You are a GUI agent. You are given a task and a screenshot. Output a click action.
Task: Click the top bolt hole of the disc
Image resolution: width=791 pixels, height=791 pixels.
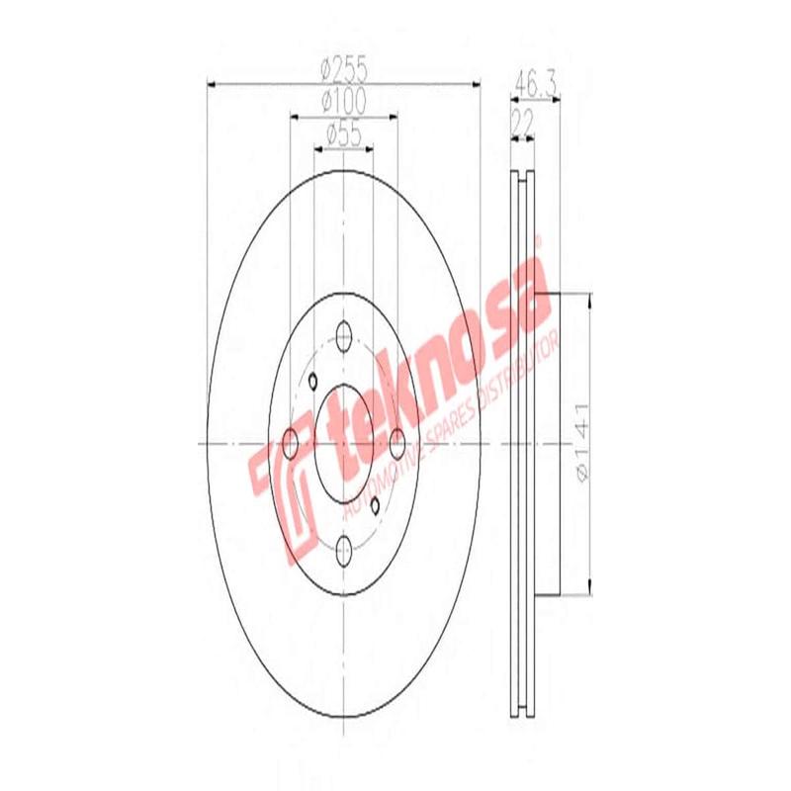tap(344, 335)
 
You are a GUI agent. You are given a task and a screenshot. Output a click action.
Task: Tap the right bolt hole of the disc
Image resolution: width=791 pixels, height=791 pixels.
tap(397, 444)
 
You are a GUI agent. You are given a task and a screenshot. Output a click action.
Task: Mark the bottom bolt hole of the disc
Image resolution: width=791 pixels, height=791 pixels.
tap(344, 550)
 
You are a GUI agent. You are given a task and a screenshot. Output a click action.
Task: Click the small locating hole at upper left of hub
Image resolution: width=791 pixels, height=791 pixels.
tap(310, 383)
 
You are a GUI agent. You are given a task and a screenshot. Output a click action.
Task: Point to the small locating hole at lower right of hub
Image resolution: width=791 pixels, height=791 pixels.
tap(376, 505)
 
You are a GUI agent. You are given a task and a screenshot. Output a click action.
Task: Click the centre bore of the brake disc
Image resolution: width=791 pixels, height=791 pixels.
tap(344, 444)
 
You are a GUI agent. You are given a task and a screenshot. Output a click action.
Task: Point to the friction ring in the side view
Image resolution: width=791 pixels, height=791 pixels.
tap(525, 444)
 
